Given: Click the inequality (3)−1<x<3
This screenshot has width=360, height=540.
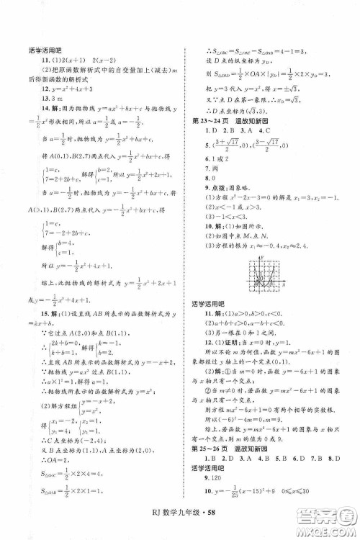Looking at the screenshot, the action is click(x=225, y=217).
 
